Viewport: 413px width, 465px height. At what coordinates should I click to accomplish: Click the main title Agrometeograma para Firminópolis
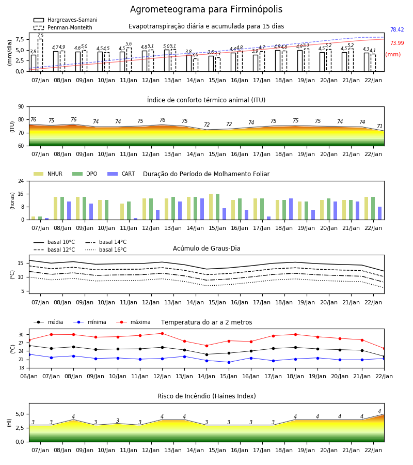point(206,9)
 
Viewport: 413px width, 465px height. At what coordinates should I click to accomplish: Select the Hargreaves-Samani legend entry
point(66,20)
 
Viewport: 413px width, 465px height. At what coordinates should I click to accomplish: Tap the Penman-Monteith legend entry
point(63,27)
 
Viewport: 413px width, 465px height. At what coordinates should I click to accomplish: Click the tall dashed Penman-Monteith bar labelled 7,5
point(40,55)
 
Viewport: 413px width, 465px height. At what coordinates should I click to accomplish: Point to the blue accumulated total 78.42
point(397,29)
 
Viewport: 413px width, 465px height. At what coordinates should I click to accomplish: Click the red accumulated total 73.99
point(397,43)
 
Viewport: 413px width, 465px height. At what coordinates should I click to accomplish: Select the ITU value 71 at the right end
point(379,127)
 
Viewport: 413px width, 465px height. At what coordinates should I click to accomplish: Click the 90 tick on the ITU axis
point(21,107)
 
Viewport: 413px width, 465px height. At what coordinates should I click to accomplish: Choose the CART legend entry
point(121,174)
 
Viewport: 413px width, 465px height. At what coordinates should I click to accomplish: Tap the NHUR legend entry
point(48,174)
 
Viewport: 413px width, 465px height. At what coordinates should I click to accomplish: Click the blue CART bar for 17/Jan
point(269,218)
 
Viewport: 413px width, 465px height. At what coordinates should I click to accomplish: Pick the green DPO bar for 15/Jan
point(218,207)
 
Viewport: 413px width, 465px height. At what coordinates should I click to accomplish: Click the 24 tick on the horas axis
point(21,181)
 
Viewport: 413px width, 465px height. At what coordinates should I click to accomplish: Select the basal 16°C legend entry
point(106,250)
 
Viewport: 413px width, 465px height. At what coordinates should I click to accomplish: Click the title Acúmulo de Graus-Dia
point(206,248)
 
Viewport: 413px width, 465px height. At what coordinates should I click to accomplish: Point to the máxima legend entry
point(133,322)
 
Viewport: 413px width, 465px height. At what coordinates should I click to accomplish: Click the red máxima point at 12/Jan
point(162,334)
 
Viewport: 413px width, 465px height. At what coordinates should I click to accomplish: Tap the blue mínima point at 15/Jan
point(229,362)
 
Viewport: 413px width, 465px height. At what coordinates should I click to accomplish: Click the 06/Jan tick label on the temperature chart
point(29,376)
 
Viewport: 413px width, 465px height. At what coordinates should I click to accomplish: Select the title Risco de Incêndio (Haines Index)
point(206,396)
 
